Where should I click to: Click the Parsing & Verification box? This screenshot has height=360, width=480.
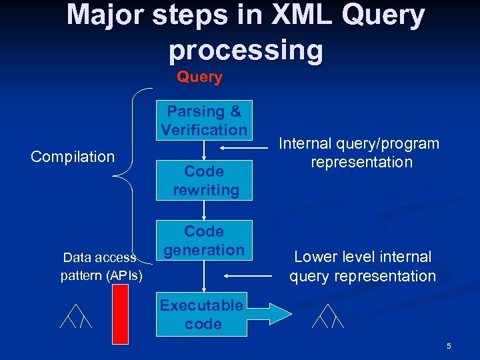(x=204, y=120)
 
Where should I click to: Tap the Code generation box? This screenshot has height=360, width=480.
(x=204, y=240)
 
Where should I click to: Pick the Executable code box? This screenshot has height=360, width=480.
(x=201, y=315)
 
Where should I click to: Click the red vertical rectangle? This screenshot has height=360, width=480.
(x=121, y=312)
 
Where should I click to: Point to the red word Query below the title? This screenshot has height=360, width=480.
(x=199, y=77)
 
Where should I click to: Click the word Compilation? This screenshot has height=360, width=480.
(x=73, y=157)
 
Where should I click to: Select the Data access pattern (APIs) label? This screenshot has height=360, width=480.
(x=101, y=266)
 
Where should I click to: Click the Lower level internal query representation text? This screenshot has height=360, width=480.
(x=362, y=266)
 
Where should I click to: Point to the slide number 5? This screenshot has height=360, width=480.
(x=449, y=346)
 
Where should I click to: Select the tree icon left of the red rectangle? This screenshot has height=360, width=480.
(x=75, y=316)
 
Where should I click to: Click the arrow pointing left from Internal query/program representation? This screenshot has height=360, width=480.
(x=246, y=149)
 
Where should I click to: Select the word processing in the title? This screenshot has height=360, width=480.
(x=246, y=50)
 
